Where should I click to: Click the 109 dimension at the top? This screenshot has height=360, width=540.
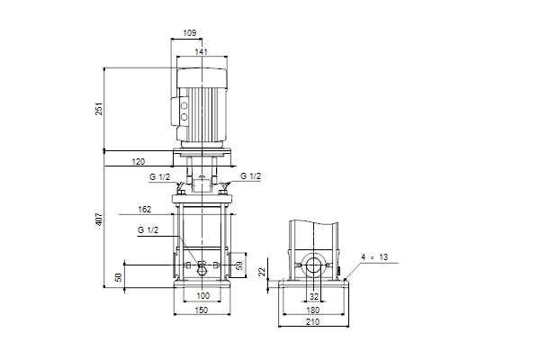coord(189,32)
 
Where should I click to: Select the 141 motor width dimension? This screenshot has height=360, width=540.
coord(201,51)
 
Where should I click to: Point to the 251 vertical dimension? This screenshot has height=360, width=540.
coord(99,109)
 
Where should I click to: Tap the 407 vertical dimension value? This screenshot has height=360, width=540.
coord(99,220)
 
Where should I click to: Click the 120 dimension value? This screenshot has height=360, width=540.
coord(139,162)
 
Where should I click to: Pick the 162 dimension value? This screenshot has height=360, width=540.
coord(144,210)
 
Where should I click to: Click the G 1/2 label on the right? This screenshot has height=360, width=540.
coord(250,176)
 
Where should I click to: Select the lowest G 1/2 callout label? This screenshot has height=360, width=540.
coord(148,230)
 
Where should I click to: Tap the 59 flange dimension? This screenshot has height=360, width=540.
coord(239,265)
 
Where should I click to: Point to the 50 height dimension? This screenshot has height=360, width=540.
coord(119,277)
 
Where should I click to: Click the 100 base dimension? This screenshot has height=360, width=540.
coord(202,295)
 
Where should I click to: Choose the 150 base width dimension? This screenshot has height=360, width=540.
coord(202,310)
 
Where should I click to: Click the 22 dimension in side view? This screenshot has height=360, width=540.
coord(263,272)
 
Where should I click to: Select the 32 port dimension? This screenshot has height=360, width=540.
coord(314,297)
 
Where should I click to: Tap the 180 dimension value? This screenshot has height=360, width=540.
coord(312,310)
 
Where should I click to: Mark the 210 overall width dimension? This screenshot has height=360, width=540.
coord(312,322)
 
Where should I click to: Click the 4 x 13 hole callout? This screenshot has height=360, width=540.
coord(374,257)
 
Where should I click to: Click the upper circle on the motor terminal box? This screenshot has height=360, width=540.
coord(184,106)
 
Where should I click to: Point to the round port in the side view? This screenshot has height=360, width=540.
coord(313,265)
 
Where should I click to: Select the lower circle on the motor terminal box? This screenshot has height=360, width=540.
coord(184,117)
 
